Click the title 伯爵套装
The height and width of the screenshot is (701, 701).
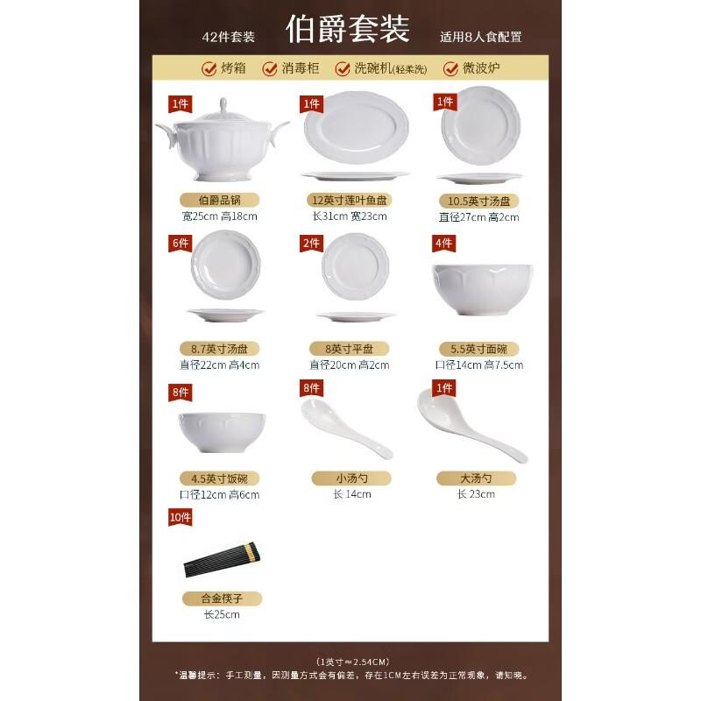coord(348,30)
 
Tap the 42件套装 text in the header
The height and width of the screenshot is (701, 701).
coord(228,37)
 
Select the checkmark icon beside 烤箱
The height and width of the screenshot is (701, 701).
coord(209,68)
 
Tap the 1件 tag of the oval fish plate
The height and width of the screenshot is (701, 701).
coord(311,103)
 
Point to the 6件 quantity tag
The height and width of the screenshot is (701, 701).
coord(181,243)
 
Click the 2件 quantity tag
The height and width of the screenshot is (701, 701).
coord(311,243)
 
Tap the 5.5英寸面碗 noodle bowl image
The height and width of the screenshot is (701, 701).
coord(476,287)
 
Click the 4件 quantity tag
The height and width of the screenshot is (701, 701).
coord(443,243)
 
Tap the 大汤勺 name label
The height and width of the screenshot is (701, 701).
coord(476,478)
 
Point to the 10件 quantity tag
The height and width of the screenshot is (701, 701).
coord(181,518)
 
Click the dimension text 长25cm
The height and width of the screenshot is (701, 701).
coord(221,614)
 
